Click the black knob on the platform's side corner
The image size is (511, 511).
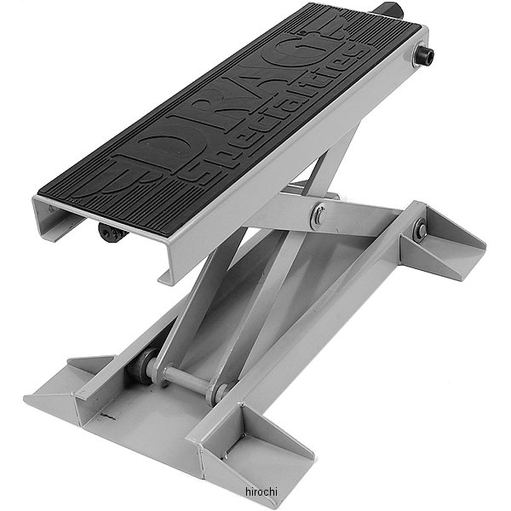423,56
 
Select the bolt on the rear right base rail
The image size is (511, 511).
420,230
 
